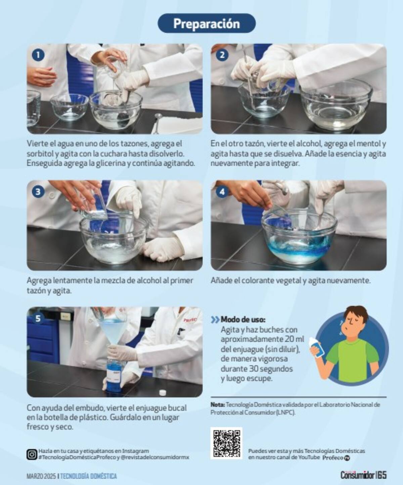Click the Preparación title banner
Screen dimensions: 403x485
pyautogui.click(x=207, y=23)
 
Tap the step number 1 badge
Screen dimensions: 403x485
pyautogui.click(x=38, y=55)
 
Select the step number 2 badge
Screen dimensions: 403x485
pyautogui.click(x=222, y=55)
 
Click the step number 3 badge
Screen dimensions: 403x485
pyautogui.click(x=38, y=192)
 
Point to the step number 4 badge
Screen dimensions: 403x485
pyautogui.click(x=222, y=192)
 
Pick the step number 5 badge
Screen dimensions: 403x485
pyautogui.click(x=38, y=319)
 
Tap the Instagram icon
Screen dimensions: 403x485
pyautogui.click(x=32, y=454)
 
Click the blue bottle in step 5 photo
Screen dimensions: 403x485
pyautogui.click(x=114, y=378)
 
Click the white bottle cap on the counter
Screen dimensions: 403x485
pyautogui.click(x=163, y=392)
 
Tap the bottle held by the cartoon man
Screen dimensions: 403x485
pyautogui.click(x=317, y=347)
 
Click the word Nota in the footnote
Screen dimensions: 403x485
pyautogui.click(x=217, y=405)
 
